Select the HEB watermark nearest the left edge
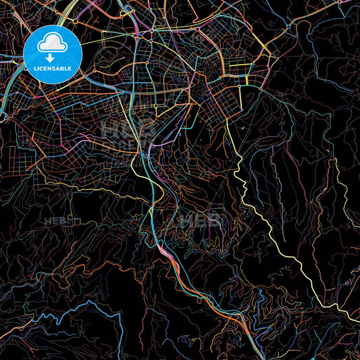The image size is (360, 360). click(x=53, y=220)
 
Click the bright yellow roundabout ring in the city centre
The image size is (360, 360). click(x=155, y=106)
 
